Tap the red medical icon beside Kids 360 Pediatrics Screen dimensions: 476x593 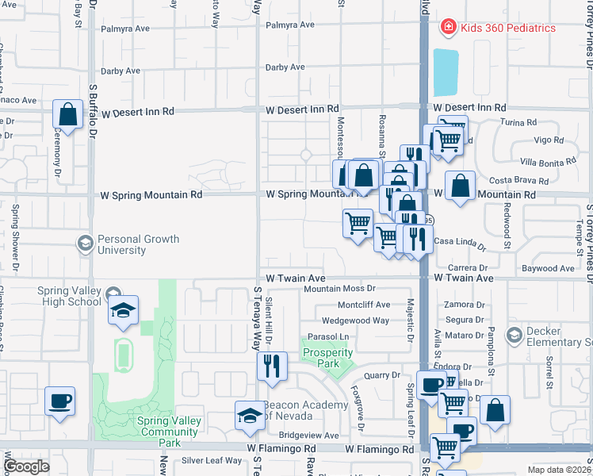tap(448, 28)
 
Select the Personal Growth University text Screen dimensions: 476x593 tap(138, 244)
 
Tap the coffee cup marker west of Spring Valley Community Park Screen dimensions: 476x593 tap(59, 400)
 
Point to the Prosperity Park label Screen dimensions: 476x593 tap(327, 358)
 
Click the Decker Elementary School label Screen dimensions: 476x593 tap(558, 336)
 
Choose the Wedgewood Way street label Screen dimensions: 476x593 tap(355, 321)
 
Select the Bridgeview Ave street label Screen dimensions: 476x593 tap(308, 436)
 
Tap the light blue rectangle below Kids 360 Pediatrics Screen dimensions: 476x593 tap(446, 72)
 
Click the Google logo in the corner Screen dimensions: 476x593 tap(26, 466)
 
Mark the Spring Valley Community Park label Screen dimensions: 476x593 tap(167, 427)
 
